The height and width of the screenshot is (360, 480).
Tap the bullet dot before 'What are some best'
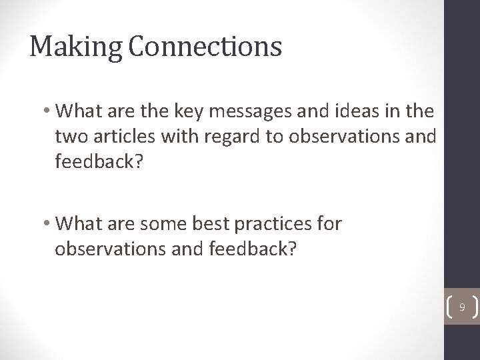[x=49, y=223]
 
